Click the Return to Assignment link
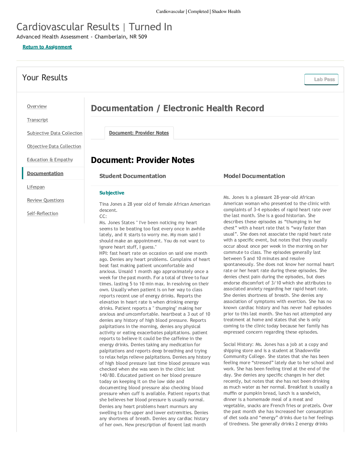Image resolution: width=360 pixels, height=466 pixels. [47, 47]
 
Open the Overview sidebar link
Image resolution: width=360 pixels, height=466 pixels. [37, 106]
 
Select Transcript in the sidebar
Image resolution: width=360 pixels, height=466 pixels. [37, 120]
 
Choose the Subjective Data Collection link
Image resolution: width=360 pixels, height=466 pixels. [54, 133]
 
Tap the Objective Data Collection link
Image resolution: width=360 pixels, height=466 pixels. [54, 147]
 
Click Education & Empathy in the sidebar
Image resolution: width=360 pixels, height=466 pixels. [50, 160]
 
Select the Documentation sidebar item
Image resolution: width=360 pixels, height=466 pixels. [45, 174]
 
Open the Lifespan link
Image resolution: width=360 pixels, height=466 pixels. [36, 187]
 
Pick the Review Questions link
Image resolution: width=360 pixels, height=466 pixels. [45, 200]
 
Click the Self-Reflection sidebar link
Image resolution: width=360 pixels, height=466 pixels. [42, 214]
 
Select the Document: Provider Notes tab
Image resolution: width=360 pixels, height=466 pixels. [139, 133]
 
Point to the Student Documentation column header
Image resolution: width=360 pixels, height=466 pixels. [132, 176]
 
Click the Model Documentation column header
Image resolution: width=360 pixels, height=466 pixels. [254, 176]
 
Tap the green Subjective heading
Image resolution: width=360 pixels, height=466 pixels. [112, 193]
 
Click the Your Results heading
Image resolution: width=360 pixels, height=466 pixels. [45, 78]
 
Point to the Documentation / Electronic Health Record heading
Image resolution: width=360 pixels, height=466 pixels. [177, 108]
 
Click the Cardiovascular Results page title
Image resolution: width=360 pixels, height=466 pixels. [68, 27]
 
